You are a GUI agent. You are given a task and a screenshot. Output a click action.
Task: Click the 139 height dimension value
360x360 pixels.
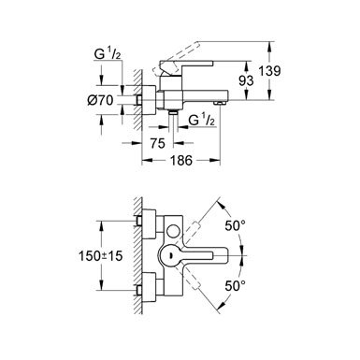(269, 71)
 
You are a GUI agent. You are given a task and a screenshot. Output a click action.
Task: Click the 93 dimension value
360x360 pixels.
(246, 81)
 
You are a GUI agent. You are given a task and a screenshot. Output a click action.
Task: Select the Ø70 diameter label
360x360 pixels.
(100, 100)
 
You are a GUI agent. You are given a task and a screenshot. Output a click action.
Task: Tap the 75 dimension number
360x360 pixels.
(157, 144)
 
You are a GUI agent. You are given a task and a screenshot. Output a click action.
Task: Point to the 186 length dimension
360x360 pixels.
(181, 161)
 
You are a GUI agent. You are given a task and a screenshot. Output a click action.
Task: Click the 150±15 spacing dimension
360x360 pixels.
(100, 256)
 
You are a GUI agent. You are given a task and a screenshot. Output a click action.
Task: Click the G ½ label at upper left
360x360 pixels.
(108, 54)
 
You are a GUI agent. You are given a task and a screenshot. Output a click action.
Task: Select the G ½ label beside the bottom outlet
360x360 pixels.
(202, 120)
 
